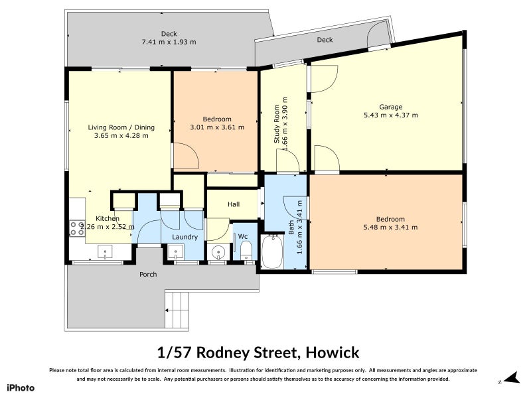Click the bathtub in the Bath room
[272, 253]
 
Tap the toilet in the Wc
[245, 251]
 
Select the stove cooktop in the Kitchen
[77, 228]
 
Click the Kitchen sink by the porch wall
[106, 251]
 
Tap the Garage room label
[390, 107]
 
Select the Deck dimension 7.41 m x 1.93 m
[169, 42]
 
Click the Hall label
[233, 205]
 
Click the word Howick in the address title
[333, 352]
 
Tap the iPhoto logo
[21, 387]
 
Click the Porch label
[147, 275]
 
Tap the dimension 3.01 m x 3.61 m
[216, 127]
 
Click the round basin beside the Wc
[218, 252]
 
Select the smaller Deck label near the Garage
[325, 40]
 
